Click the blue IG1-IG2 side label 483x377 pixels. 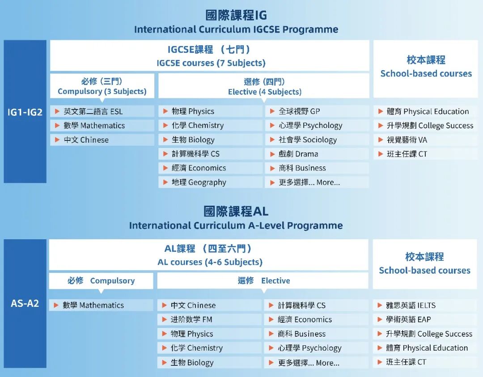pos(25,112)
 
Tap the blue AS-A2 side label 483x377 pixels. pos(25,303)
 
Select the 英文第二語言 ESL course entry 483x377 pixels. pos(93,111)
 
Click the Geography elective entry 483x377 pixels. pos(199,182)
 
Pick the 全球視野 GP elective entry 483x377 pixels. pos(299,111)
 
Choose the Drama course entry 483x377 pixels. pos(298,154)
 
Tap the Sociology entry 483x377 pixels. pos(308,140)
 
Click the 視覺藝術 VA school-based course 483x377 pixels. pos(407,140)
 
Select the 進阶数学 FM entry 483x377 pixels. pos(191,320)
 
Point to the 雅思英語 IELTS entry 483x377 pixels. pos(411,305)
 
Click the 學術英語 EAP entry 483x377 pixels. pos(408,320)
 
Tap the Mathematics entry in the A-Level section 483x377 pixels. pos(93,305)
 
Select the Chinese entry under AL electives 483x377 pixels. pos(193,305)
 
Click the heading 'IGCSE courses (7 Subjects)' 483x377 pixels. pos(211,63)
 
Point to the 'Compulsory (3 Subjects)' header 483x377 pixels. pos(102,91)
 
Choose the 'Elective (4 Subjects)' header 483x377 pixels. pos(264,92)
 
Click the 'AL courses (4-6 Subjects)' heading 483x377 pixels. pos(210,262)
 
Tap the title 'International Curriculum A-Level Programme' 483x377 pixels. pos(236,225)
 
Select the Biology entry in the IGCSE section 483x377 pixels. pos(193,140)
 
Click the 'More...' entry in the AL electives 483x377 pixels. pos(309,363)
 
